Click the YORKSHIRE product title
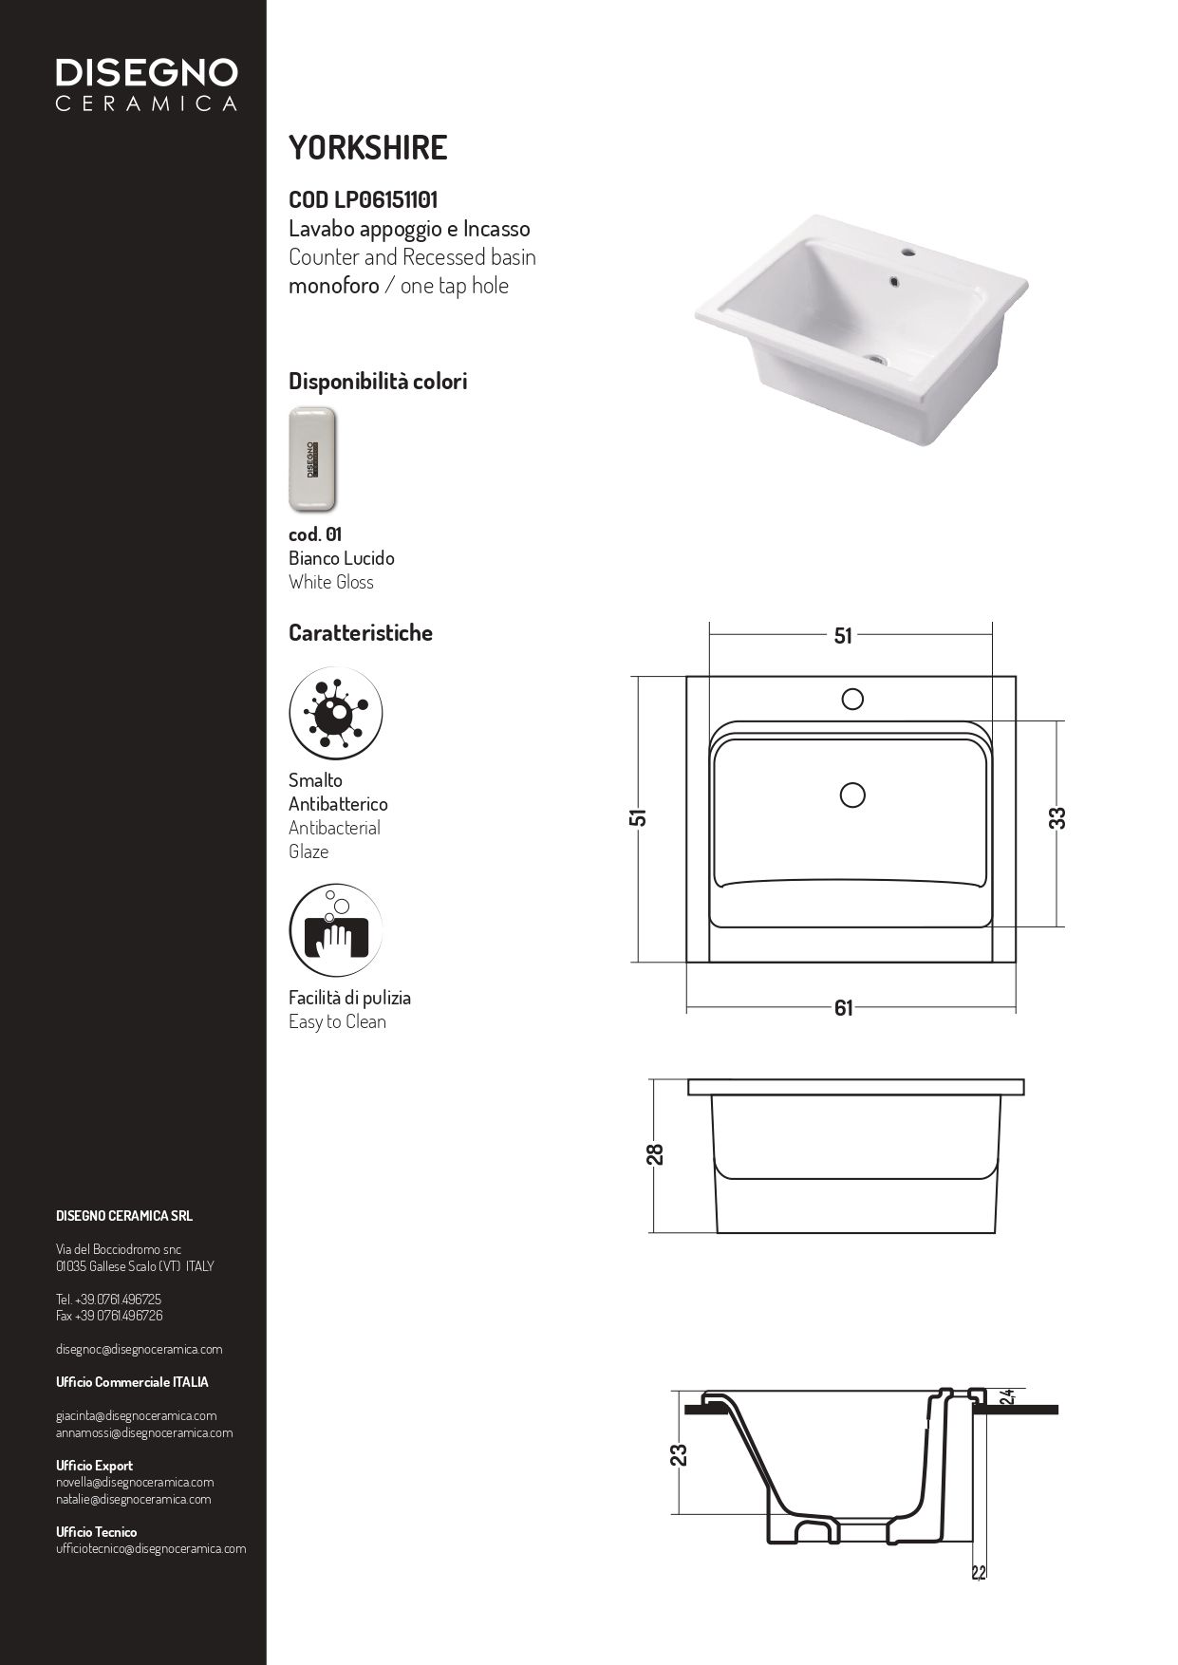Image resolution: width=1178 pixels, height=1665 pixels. pyautogui.click(x=367, y=148)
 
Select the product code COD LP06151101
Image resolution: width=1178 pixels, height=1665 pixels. pyautogui.click(x=363, y=200)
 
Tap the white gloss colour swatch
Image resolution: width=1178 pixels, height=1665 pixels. pyautogui.click(x=312, y=458)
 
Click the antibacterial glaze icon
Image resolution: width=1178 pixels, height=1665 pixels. pyautogui.click(x=335, y=713)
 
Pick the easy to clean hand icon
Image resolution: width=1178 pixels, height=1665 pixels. pyautogui.click(x=335, y=930)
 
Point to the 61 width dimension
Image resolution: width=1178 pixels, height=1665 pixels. pyautogui.click(x=844, y=1008)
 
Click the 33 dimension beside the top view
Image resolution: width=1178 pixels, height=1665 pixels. pyautogui.click(x=1057, y=818)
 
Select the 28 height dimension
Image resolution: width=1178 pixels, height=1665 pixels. pyautogui.click(x=655, y=1154)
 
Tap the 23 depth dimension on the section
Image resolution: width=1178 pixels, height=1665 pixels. pyautogui.click(x=679, y=1455)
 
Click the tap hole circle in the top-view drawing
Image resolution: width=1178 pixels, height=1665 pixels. pyautogui.click(x=852, y=700)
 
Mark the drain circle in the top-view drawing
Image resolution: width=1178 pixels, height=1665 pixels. pyautogui.click(x=852, y=795)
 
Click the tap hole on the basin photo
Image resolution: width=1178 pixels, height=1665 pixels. pyautogui.click(x=908, y=253)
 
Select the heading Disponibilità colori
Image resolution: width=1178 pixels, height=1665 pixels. pyautogui.click(x=378, y=382)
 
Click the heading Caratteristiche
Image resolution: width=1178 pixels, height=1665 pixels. pyautogui.click(x=361, y=633)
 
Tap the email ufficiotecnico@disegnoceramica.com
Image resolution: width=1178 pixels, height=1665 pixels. pyautogui.click(x=151, y=1548)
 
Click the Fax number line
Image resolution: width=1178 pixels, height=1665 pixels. pyautogui.click(x=109, y=1316)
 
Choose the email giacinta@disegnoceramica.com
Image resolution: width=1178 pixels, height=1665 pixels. pyautogui.click(x=136, y=1415)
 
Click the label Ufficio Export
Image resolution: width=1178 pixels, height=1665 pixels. pyautogui.click(x=94, y=1466)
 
